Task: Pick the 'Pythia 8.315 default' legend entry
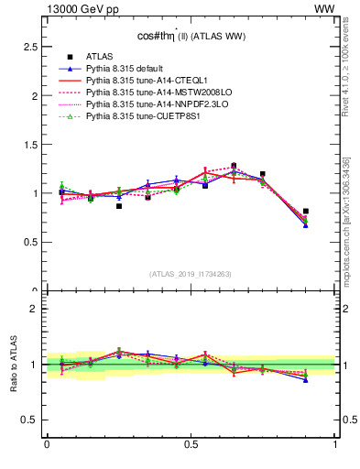[x=127, y=69]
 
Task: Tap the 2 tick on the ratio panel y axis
[x=35, y=309]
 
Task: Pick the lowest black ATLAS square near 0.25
[x=119, y=206]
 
